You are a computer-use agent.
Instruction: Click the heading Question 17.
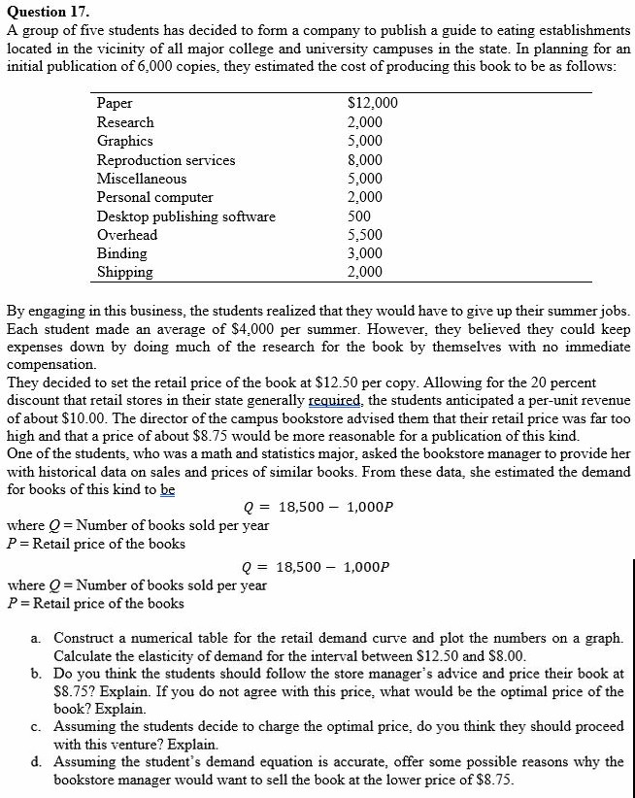pyautogui.click(x=48, y=12)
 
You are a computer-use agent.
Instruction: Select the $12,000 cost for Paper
pyautogui.click(x=372, y=104)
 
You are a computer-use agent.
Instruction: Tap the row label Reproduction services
pyautogui.click(x=166, y=160)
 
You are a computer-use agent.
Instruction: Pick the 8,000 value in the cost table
pyautogui.click(x=365, y=160)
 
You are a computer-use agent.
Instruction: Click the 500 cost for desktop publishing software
pyautogui.click(x=359, y=216)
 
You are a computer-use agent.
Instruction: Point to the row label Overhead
pyautogui.click(x=127, y=235)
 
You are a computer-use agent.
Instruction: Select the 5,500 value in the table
pyautogui.click(x=365, y=235)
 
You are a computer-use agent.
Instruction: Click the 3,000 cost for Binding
pyautogui.click(x=365, y=253)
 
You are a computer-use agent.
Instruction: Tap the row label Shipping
pyautogui.click(x=125, y=272)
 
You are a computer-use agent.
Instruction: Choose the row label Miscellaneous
pyautogui.click(x=142, y=179)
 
